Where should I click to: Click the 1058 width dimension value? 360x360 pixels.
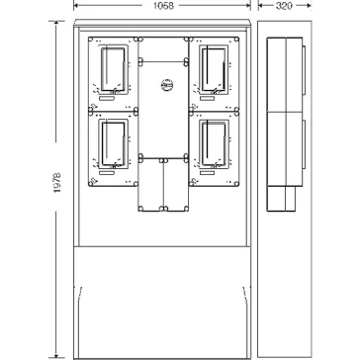[x=163, y=6]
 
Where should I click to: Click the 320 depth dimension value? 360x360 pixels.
[x=284, y=6]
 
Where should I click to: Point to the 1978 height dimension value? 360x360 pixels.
[x=57, y=182]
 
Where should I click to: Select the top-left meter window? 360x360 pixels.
[x=113, y=69]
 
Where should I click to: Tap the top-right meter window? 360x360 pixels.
[x=214, y=69]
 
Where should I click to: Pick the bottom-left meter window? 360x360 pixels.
[x=113, y=143]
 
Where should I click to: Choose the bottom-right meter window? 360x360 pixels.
[x=214, y=143]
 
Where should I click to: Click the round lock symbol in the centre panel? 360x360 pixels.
[x=167, y=85]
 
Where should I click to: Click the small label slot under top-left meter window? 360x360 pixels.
[x=107, y=99]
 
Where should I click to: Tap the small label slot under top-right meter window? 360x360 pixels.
[x=207, y=99]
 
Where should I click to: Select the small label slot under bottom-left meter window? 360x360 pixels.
[x=107, y=173]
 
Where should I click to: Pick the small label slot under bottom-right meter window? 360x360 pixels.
[x=207, y=173]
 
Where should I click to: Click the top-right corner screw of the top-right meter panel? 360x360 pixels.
[x=236, y=40]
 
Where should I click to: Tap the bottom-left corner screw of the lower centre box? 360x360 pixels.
[x=140, y=209]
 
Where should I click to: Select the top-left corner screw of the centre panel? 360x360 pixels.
[x=140, y=40]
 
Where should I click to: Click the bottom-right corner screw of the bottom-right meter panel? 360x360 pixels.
[x=236, y=184]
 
